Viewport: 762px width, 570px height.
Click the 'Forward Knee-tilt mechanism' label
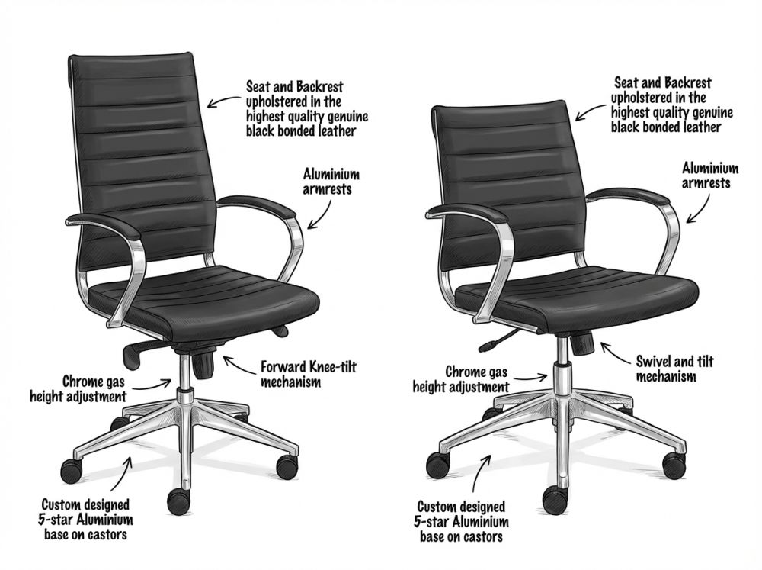[308, 374]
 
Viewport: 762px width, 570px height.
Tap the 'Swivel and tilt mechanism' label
[674, 369]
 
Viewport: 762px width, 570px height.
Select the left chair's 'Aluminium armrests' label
[331, 181]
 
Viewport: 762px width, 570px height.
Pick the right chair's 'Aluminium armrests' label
[710, 176]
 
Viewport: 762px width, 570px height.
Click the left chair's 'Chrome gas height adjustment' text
[78, 388]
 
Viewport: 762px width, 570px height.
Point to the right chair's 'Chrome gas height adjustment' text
[461, 380]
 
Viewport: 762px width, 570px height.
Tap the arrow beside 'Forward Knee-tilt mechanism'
[239, 366]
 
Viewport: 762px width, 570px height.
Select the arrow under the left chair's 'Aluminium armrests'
[321, 213]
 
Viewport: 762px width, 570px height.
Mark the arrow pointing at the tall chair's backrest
[223, 101]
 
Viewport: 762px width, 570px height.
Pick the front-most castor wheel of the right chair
[555, 499]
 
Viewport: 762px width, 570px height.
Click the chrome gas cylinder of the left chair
[184, 377]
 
